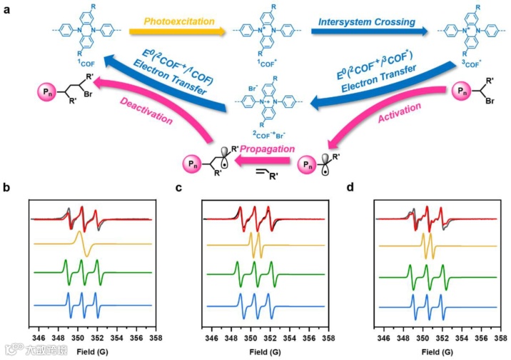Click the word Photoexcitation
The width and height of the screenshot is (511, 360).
[179, 21]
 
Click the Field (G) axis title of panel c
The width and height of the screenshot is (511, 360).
[267, 350]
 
